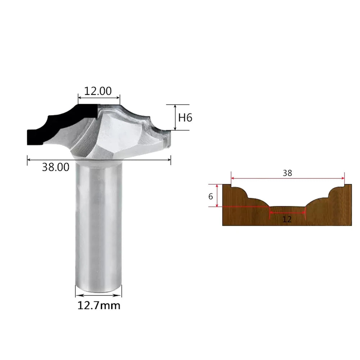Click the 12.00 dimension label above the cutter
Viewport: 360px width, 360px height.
(98, 91)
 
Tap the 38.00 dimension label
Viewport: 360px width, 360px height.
(55, 167)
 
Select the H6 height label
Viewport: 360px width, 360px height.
(185, 118)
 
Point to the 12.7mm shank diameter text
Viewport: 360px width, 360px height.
(99, 305)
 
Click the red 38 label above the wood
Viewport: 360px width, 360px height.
(287, 173)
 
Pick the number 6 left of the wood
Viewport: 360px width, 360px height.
(211, 196)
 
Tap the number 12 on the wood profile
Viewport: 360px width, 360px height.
(287, 220)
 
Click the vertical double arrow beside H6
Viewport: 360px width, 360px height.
(175, 117)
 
